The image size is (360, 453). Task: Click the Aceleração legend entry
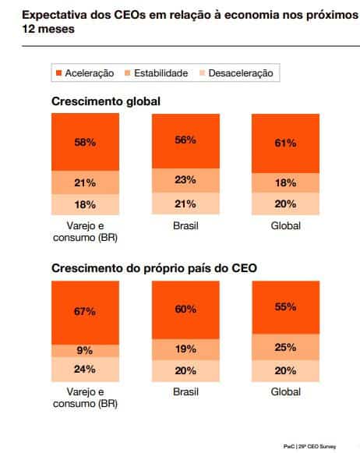point(84,73)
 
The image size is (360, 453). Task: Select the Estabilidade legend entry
point(155,73)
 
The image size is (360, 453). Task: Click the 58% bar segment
point(85,143)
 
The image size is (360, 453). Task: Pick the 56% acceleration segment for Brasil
point(185,140)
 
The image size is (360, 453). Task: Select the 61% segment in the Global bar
point(285,143)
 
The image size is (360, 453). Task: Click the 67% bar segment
point(85,311)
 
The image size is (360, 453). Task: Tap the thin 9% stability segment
point(85,351)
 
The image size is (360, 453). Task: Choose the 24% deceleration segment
point(85,370)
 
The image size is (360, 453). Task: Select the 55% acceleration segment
point(285,306)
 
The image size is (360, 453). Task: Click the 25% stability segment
point(285,346)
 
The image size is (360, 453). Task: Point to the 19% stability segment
point(185,349)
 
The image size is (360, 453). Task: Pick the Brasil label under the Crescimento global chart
point(185,225)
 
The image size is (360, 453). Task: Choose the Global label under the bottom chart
point(285,391)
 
